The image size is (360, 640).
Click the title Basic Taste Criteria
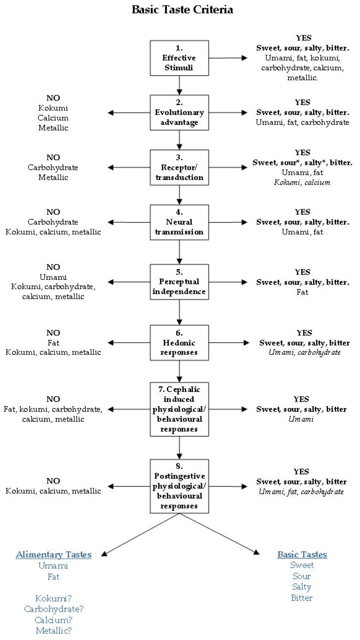pyautogui.click(x=182, y=9)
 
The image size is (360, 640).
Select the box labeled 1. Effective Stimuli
pyautogui.click(x=180, y=58)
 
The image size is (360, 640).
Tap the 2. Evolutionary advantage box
pyautogui.click(x=180, y=113)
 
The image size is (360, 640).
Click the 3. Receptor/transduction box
pyautogui.click(x=180, y=167)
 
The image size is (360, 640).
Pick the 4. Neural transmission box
pyautogui.click(x=180, y=222)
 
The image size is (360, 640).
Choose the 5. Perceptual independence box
pyautogui.click(x=180, y=282)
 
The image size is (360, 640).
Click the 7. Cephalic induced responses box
pyautogui.click(x=180, y=409)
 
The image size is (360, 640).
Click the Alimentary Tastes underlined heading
pyautogui.click(x=53, y=554)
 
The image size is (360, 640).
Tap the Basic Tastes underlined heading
pyautogui.click(x=302, y=554)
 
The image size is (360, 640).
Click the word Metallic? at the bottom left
pyautogui.click(x=53, y=630)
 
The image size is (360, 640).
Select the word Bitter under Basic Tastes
pyautogui.click(x=302, y=597)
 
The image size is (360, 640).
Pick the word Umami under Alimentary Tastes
pyautogui.click(x=53, y=566)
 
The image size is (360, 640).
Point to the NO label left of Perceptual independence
pyautogui.click(x=53, y=267)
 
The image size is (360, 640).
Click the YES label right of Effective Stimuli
pyautogui.click(x=303, y=38)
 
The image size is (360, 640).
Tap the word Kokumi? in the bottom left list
pyautogui.click(x=53, y=598)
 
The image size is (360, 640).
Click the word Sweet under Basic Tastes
pyautogui.click(x=302, y=565)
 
